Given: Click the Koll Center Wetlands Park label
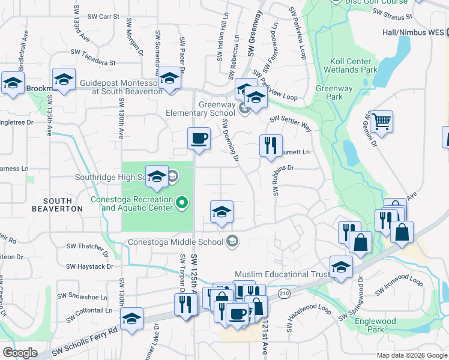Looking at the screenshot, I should click(354, 65).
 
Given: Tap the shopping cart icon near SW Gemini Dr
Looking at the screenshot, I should click(381, 122).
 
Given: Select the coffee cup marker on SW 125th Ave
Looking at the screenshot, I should click(199, 139).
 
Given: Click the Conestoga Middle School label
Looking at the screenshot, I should click(175, 242).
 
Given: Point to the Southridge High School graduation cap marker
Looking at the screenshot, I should click(157, 176).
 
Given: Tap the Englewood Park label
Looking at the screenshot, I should click(375, 325).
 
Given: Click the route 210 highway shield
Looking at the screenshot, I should click(284, 293).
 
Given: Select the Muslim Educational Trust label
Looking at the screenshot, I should click(282, 274).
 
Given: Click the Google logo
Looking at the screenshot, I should click(20, 353).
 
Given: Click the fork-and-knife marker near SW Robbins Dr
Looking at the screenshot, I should click(271, 145).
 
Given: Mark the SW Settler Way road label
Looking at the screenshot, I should click(290, 124).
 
